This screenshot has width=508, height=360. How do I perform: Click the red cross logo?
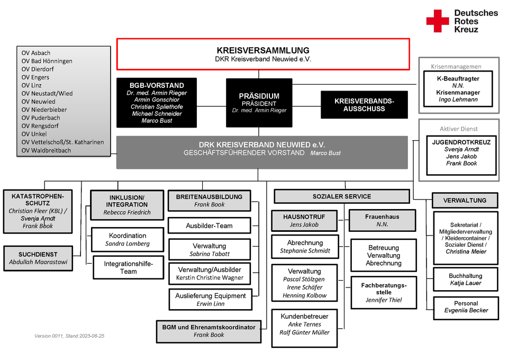click(x=438, y=21)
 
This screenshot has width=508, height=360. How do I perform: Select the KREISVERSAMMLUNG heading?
click(x=263, y=50)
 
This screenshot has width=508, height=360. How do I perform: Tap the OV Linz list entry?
click(x=31, y=85)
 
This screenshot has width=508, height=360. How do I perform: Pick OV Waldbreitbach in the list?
click(x=46, y=150)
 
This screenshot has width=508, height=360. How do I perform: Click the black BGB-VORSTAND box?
click(x=157, y=102)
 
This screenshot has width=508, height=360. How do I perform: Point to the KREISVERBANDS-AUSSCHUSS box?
click(x=364, y=105)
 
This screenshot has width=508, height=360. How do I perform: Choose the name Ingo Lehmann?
click(x=458, y=100)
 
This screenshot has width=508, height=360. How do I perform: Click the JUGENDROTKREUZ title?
click(x=461, y=142)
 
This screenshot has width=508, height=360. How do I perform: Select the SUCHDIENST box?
click(x=38, y=258)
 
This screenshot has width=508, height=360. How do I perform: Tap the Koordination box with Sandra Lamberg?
click(x=128, y=239)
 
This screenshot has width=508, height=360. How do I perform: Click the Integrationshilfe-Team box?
click(x=128, y=267)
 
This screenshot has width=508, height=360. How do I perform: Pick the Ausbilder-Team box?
click(x=210, y=226)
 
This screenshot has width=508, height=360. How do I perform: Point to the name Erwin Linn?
click(x=211, y=304)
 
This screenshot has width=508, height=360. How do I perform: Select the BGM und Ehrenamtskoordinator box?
click(x=208, y=331)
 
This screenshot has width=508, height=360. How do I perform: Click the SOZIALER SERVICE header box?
click(x=342, y=196)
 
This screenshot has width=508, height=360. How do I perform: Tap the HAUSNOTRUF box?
click(x=304, y=220)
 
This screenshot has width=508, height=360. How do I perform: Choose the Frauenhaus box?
click(x=382, y=220)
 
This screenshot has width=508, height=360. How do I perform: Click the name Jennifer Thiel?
click(x=384, y=300)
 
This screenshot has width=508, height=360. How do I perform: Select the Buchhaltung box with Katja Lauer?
click(x=466, y=280)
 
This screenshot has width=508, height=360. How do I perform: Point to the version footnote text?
click(x=69, y=336)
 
